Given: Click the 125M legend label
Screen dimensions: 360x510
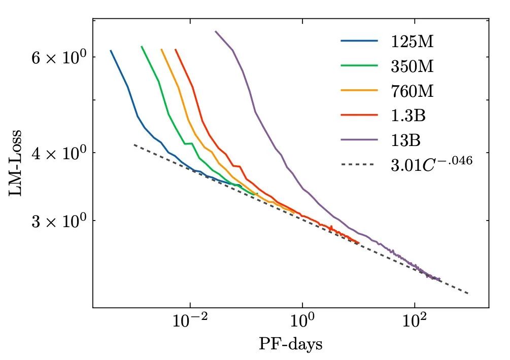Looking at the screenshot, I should [412, 42].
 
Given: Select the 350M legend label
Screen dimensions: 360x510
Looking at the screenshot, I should [412, 66].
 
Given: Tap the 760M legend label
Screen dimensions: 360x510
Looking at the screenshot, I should [412, 91].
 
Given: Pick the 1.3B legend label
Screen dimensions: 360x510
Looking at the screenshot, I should [408, 116].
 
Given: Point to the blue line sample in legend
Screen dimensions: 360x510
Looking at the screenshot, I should [359, 41].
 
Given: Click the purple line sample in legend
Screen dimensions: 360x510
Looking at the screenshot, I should [359, 140].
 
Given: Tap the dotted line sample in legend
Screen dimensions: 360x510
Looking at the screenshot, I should [359, 165].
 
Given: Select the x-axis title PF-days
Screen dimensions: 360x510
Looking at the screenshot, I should [290, 345].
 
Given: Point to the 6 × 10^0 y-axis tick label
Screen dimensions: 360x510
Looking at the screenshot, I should [56, 58].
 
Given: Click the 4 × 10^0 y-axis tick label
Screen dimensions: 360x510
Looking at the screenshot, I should [56, 153].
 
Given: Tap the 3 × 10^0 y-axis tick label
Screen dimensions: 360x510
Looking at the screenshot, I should [56, 221].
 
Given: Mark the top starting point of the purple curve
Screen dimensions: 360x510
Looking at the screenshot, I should [215, 31].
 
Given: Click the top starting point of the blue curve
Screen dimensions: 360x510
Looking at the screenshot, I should [111, 50].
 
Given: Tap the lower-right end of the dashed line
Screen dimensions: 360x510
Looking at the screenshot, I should [468, 293].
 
